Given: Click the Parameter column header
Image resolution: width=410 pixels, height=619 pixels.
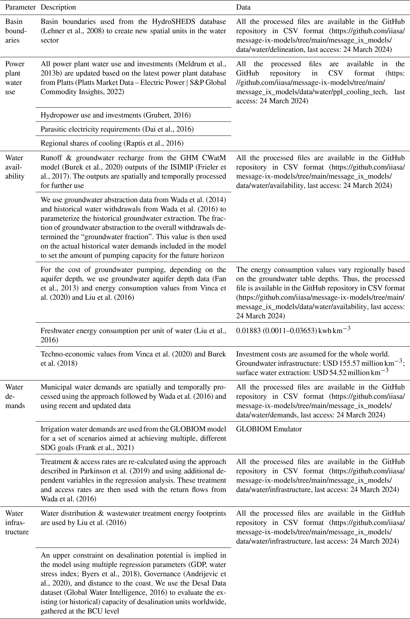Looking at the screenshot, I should (x=20, y=7).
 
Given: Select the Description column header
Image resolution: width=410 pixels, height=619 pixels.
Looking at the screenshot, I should (x=58, y=7).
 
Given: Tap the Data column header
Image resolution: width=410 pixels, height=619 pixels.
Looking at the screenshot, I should (x=243, y=7).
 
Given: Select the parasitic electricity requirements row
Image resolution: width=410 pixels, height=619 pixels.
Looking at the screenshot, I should (x=117, y=129).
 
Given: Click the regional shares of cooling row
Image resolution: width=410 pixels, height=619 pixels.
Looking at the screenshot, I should (x=112, y=143).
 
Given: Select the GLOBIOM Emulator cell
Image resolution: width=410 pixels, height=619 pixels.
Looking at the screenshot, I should (x=269, y=429).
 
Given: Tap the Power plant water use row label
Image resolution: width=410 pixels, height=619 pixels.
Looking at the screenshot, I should (x=15, y=78).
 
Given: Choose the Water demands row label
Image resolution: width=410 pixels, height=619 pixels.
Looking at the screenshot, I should (x=15, y=396).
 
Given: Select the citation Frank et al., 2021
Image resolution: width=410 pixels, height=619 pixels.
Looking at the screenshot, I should (x=105, y=448).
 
